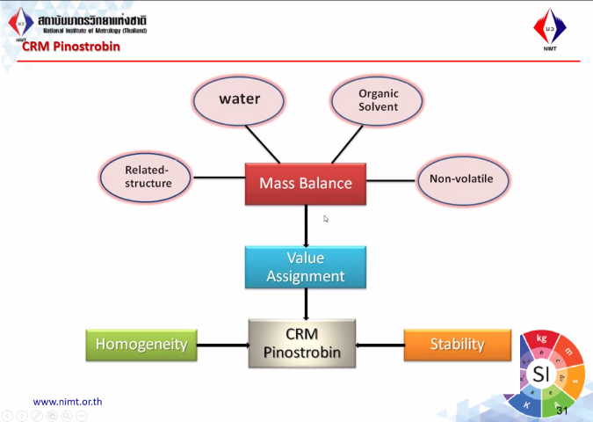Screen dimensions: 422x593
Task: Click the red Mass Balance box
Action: coord(306,183)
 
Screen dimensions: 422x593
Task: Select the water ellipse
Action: coord(239,99)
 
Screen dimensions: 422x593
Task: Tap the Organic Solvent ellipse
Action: coord(378,99)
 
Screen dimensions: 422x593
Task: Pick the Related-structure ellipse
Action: coord(146,177)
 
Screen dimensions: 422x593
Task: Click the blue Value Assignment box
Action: coord(306,267)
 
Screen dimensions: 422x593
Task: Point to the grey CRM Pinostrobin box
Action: coord(302,344)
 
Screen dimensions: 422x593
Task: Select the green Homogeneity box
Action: coord(141,345)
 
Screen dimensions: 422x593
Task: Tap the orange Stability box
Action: coord(457,344)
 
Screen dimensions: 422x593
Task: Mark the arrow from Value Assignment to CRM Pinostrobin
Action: coord(306,303)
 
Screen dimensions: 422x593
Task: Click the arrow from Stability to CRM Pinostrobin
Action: coord(380,345)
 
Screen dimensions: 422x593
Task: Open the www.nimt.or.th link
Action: coord(68,402)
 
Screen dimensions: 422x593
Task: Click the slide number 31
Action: coord(563,411)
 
